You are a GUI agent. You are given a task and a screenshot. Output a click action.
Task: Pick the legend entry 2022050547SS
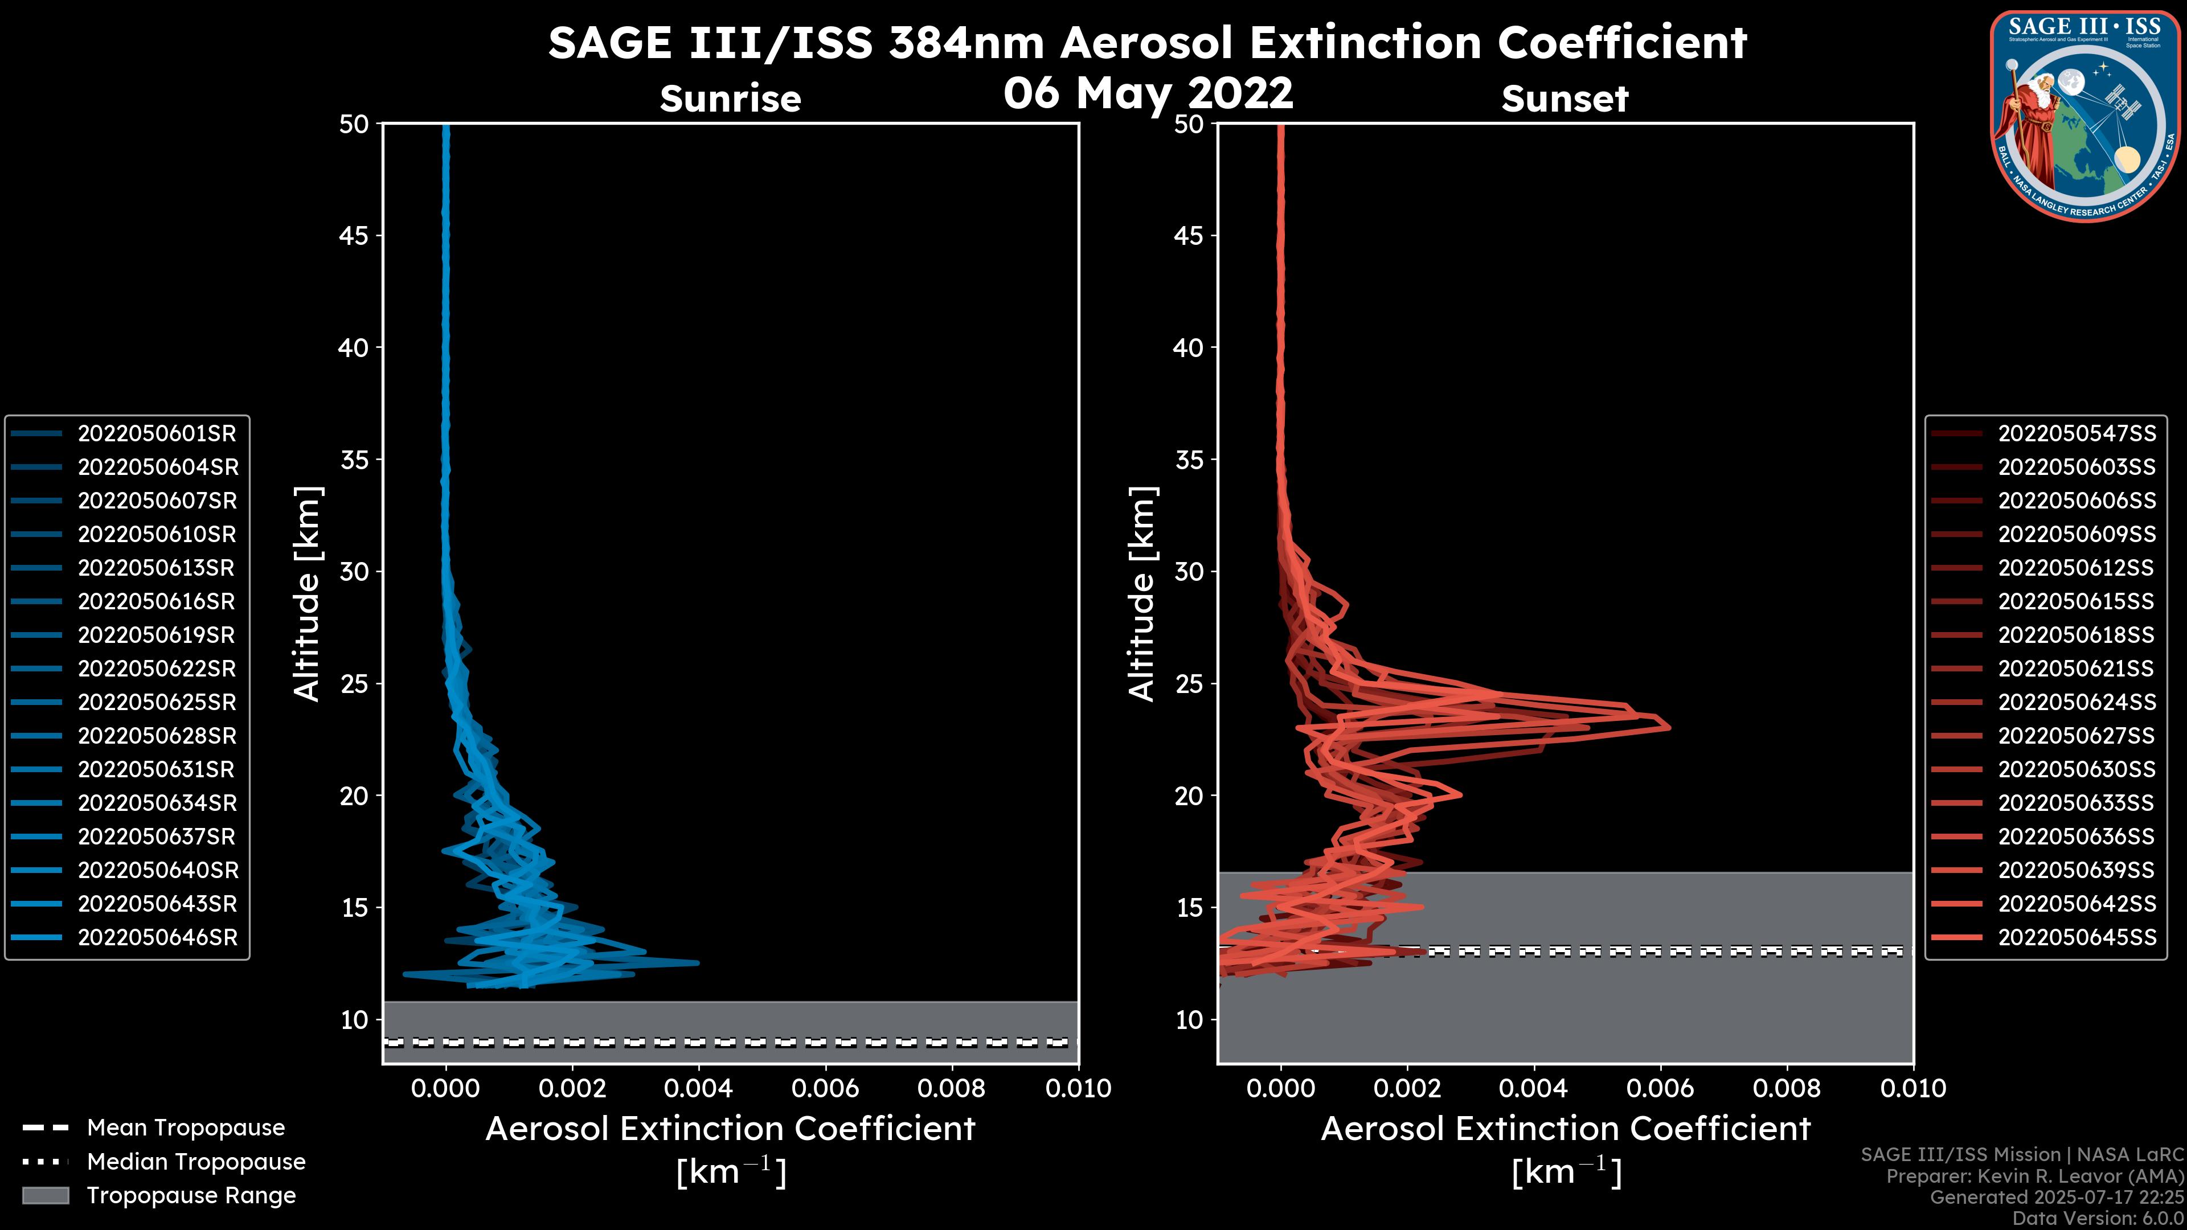[x=2077, y=434]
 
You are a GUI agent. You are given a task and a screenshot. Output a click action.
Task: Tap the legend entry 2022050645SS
[x=2077, y=938]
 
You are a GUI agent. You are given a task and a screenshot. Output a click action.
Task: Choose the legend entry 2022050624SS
[x=2077, y=703]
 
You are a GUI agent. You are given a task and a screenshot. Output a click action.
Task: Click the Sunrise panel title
[x=730, y=99]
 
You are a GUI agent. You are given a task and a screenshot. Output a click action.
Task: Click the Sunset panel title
[x=1565, y=99]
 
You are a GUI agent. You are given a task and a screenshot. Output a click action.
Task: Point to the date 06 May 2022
[x=1148, y=92]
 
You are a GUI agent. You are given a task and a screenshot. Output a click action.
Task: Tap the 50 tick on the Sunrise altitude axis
[x=354, y=125]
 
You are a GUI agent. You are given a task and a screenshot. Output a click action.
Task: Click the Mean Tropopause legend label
[x=186, y=1128]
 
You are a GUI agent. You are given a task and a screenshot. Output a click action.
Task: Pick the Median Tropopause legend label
[x=196, y=1162]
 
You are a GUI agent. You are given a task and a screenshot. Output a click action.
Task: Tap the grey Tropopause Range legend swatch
[x=45, y=1196]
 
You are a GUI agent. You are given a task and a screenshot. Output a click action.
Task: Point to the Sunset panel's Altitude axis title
[x=1142, y=594]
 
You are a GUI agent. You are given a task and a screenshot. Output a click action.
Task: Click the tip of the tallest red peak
[x=1669, y=728]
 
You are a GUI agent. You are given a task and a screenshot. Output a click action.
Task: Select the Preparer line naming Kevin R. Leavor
[x=2035, y=1176]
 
